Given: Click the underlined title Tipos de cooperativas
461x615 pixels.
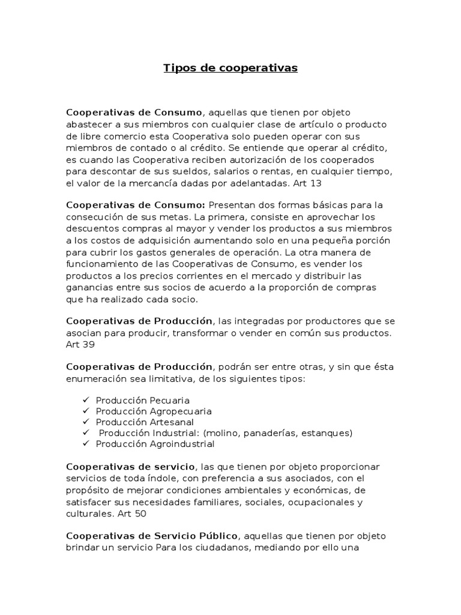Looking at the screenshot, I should click(230, 68).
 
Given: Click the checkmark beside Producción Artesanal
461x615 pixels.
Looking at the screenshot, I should click(86, 422).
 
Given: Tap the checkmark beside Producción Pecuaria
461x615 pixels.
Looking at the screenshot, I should click(86, 399).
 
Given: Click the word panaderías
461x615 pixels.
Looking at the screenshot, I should click(268, 433).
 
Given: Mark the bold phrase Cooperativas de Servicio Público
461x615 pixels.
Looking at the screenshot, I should click(152, 535).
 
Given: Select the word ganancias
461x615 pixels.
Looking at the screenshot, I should click(91, 288).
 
